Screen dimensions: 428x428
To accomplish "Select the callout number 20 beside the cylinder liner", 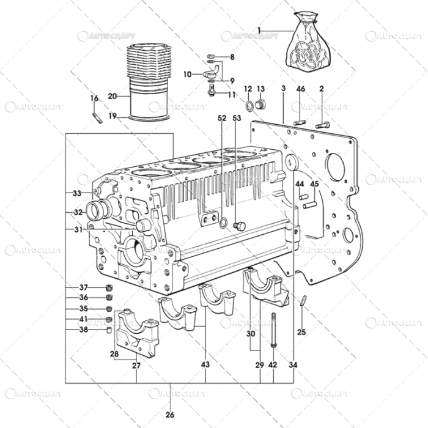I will click(112, 96).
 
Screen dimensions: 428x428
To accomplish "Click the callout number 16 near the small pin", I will click(94, 98).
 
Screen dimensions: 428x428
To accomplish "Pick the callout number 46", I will click(300, 89).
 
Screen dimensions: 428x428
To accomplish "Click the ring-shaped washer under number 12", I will click(249, 108).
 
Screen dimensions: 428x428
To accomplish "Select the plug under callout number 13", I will click(261, 105).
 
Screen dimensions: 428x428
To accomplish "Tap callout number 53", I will click(237, 117).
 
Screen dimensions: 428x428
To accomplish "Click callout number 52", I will click(221, 117).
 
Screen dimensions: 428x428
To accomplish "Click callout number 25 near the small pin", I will click(301, 333).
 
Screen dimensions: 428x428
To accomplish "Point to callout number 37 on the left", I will click(84, 287).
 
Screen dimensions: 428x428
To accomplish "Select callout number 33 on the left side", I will click(76, 193).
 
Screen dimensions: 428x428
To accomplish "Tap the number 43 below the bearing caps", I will click(205, 365).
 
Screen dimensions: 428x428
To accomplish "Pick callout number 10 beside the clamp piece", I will click(187, 75).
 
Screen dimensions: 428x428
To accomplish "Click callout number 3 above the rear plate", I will click(284, 89).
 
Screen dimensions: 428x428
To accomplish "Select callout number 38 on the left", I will click(84, 330).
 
